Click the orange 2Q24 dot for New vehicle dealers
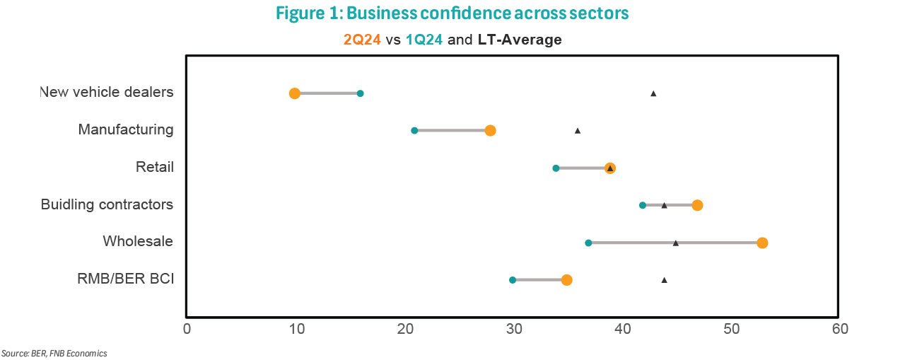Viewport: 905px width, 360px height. tap(295, 93)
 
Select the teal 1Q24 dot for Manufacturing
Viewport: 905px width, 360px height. tap(414, 130)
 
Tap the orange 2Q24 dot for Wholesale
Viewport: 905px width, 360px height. tap(762, 243)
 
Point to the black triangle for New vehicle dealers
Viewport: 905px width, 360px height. tap(653, 93)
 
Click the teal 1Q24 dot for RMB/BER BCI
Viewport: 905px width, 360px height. tap(513, 280)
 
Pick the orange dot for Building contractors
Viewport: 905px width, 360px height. tap(697, 205)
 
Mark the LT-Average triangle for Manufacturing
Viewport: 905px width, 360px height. tap(578, 131)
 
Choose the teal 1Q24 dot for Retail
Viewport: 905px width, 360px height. tap(556, 168)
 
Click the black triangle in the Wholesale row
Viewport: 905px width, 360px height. tap(676, 243)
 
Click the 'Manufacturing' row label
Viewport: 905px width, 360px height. tap(126, 129)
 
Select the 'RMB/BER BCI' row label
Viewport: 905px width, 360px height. tap(125, 279)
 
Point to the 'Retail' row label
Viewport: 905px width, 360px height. tap(155, 167)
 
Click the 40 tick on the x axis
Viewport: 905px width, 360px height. tap(622, 329)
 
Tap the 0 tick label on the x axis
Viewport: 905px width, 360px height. tap(187, 329)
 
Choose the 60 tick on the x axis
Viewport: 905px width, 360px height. tap(839, 329)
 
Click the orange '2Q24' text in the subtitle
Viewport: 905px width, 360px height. tap(362, 40)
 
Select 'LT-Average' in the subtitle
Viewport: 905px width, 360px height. tap(519, 40)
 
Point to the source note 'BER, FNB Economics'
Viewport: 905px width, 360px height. tap(69, 353)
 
